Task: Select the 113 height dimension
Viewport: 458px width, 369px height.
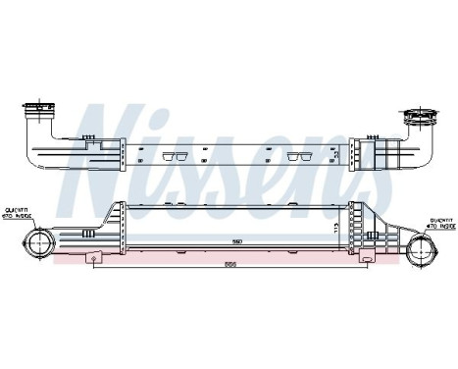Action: [x=336, y=228]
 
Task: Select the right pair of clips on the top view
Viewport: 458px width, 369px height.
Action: [x=295, y=156]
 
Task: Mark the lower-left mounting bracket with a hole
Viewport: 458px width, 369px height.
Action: [x=94, y=257]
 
